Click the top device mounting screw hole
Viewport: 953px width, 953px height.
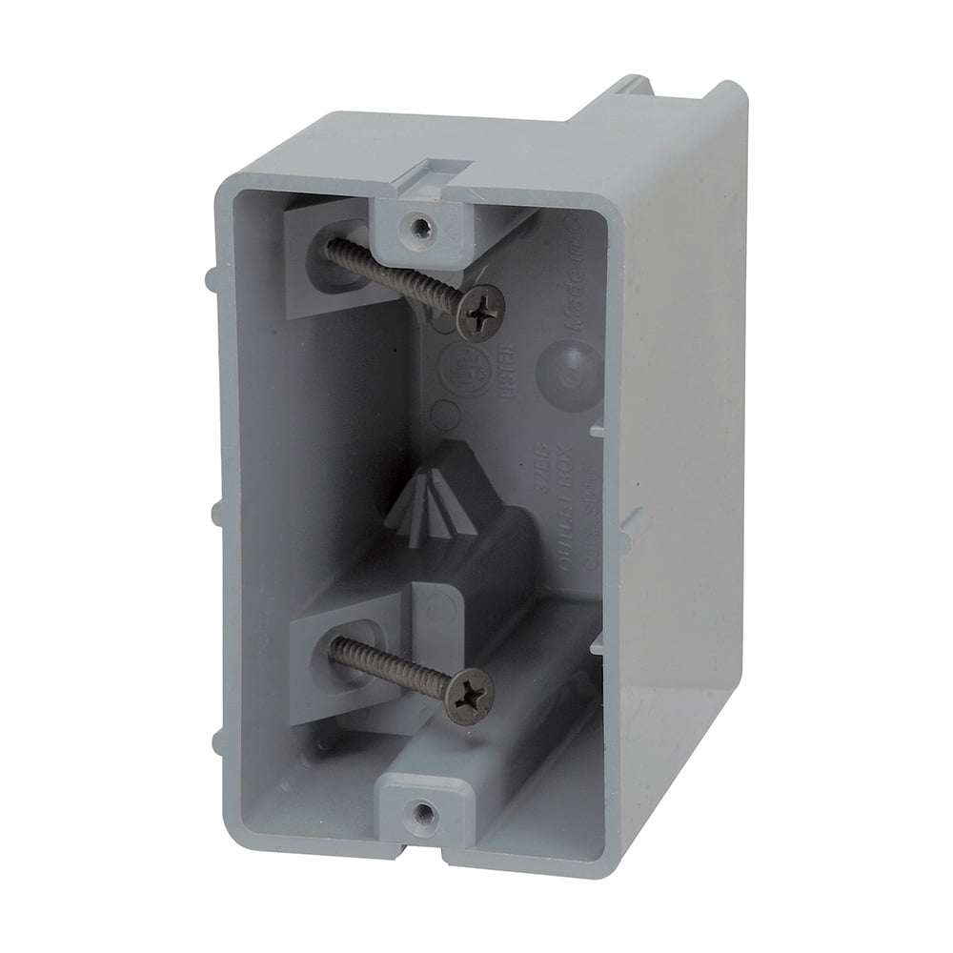[x=417, y=226]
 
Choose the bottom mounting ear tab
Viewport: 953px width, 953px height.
[x=419, y=806]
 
